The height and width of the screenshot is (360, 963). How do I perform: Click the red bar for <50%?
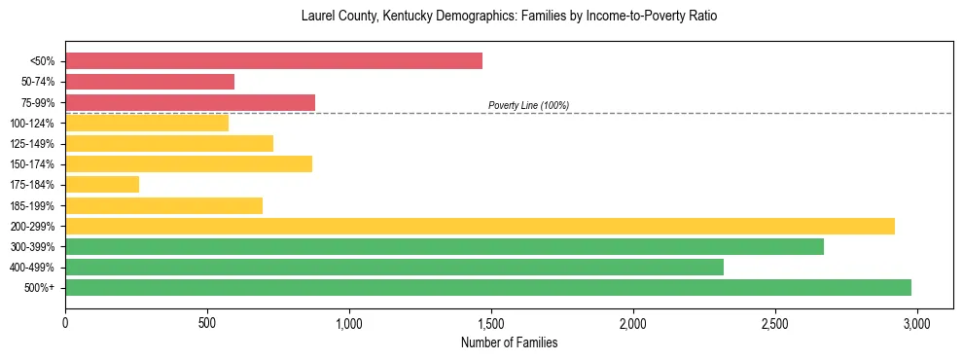tap(273, 61)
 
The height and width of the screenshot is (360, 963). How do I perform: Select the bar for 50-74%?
tap(150, 82)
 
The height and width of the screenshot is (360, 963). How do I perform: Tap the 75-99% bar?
tap(190, 102)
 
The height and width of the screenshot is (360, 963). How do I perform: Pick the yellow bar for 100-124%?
tap(147, 123)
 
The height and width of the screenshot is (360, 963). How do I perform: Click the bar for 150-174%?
tap(189, 163)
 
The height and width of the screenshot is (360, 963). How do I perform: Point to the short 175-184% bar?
tap(102, 184)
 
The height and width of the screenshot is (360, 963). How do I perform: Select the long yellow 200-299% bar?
tap(480, 226)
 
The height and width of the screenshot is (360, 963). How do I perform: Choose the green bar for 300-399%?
tap(445, 246)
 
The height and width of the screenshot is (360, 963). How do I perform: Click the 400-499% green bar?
tap(394, 267)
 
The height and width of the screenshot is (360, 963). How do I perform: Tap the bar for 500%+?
tap(488, 287)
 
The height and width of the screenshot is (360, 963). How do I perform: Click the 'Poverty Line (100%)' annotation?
tap(528, 105)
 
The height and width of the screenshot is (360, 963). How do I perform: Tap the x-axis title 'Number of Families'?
tap(509, 342)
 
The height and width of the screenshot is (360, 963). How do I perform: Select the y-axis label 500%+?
tap(40, 288)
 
